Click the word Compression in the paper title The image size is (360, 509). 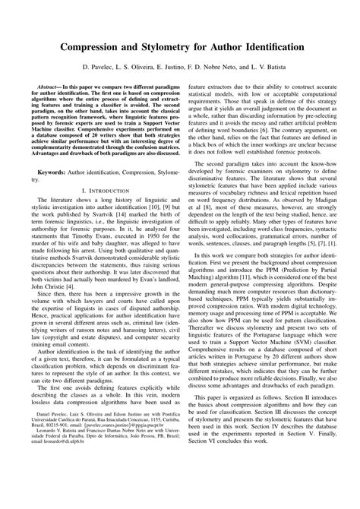[84, 47]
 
